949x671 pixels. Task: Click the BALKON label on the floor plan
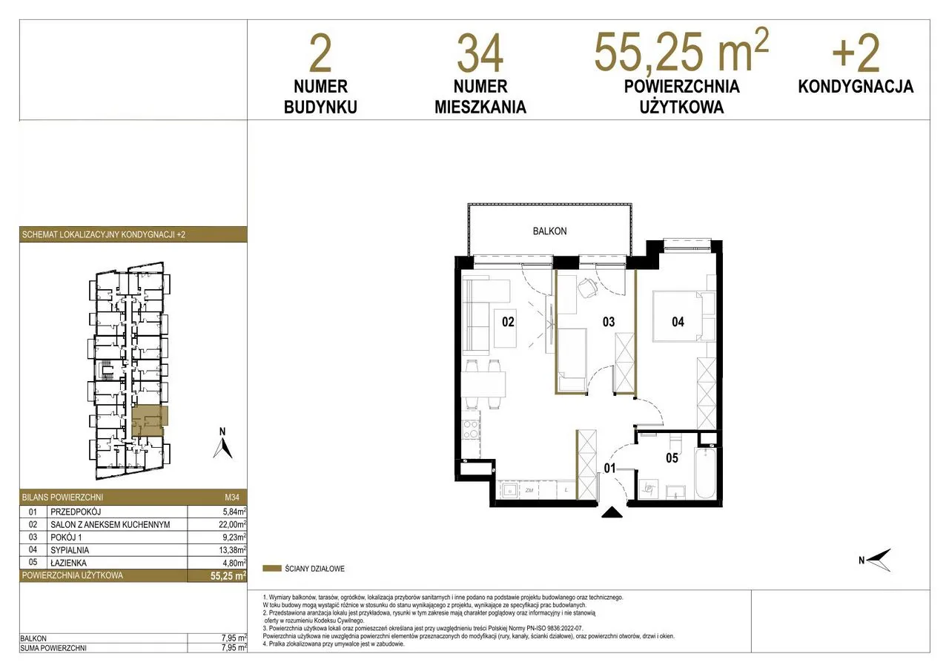tap(549, 231)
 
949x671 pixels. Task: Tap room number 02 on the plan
tap(508, 322)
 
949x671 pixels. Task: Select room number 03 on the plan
tap(609, 322)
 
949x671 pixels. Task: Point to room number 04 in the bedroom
tap(678, 322)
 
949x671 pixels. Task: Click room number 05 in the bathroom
tap(672, 458)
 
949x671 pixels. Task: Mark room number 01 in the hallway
tap(609, 468)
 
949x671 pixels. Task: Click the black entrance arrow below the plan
tap(612, 512)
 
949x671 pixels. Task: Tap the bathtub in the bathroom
tap(706, 475)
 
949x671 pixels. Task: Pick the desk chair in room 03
tap(587, 288)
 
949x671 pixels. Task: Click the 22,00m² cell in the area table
tap(229, 524)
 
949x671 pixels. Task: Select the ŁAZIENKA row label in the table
tap(68, 563)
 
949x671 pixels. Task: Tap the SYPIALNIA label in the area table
tap(70, 550)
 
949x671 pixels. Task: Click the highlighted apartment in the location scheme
tap(150, 421)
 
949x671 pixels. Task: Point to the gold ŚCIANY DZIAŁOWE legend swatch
tap(272, 569)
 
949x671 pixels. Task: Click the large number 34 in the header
tap(480, 54)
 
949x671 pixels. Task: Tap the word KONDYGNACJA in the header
tap(856, 87)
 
